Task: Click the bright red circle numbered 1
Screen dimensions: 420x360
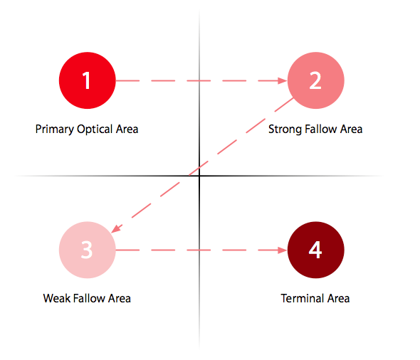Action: (x=88, y=80)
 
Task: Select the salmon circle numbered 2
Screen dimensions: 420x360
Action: (x=316, y=80)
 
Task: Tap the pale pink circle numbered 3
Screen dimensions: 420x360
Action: (x=88, y=250)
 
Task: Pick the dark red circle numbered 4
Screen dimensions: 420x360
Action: (x=316, y=250)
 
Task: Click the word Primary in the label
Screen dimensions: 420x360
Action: (x=55, y=129)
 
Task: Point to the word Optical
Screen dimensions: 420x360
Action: (x=95, y=129)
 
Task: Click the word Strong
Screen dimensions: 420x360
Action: (x=285, y=129)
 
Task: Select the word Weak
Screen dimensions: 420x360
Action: (x=57, y=298)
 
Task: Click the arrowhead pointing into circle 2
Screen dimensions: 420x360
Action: (x=283, y=80)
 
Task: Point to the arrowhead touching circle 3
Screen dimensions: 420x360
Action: (x=116, y=228)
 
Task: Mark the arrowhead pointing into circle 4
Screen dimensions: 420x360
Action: (x=283, y=250)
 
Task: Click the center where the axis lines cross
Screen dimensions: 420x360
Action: (x=199, y=176)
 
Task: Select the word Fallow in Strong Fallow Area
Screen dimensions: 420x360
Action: (x=321, y=129)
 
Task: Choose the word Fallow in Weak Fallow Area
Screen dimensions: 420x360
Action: (x=89, y=298)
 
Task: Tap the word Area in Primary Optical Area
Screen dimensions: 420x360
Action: (x=127, y=129)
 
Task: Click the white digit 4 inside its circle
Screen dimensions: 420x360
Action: (x=315, y=250)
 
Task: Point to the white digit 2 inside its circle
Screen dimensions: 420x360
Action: (x=315, y=80)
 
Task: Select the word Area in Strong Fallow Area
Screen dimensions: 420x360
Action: (x=352, y=129)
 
